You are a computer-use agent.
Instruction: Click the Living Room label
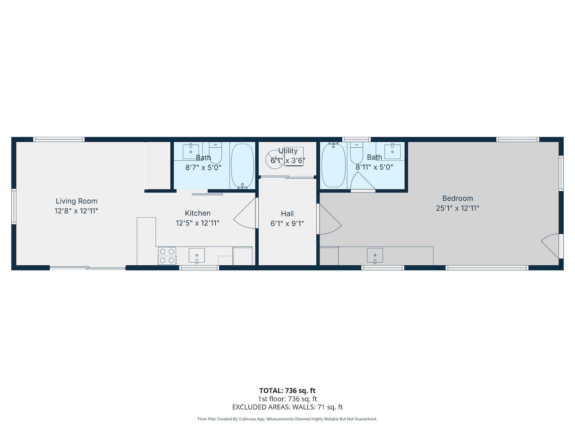point(76,201)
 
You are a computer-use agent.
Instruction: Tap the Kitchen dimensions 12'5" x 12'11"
point(198,223)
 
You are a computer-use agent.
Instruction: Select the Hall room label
point(287,214)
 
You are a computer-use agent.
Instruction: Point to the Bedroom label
point(458,198)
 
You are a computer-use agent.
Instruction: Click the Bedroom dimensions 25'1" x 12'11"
point(458,208)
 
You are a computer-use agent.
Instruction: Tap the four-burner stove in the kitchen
point(167,255)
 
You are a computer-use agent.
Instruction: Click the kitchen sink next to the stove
point(197,255)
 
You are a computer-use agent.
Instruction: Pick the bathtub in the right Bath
point(333,165)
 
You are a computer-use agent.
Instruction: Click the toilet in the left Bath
point(215,153)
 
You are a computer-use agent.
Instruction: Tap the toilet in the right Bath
point(357,153)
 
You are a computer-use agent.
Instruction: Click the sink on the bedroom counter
point(375,255)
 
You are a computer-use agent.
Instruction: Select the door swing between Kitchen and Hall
point(245,213)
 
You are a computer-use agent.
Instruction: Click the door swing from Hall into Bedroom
point(329,219)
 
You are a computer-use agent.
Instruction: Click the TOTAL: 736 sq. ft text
point(287,391)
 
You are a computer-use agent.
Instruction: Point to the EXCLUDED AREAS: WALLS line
point(287,407)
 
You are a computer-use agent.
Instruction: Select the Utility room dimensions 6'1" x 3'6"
point(288,160)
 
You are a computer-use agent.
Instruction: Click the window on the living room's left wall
point(13,207)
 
